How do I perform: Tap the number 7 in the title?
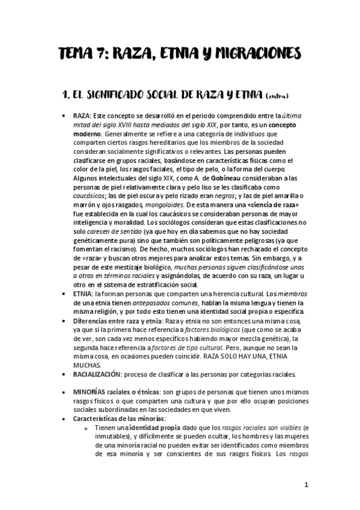(x=92, y=55)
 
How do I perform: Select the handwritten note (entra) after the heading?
(x=276, y=96)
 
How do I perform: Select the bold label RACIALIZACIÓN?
(x=97, y=373)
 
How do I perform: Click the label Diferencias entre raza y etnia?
(x=117, y=322)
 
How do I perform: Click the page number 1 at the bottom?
(x=305, y=484)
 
